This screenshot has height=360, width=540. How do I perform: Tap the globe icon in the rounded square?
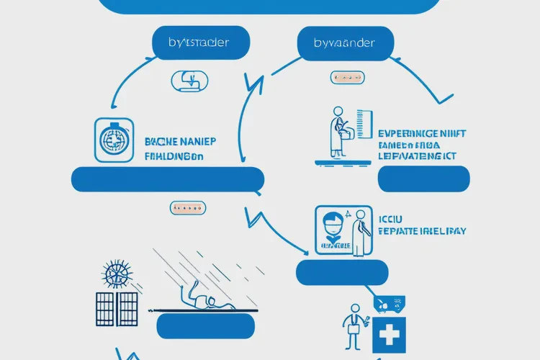(x=114, y=139)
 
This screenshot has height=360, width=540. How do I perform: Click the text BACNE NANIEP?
(x=184, y=141)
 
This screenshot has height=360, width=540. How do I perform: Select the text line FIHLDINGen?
(x=174, y=156)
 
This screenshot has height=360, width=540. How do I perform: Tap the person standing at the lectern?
(x=337, y=131)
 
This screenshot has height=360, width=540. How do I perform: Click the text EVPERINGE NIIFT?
(x=421, y=133)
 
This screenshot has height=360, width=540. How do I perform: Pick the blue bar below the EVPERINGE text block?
(x=423, y=178)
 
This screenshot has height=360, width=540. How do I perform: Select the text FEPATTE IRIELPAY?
(x=423, y=232)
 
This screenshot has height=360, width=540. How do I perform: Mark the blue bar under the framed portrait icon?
(x=342, y=271)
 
